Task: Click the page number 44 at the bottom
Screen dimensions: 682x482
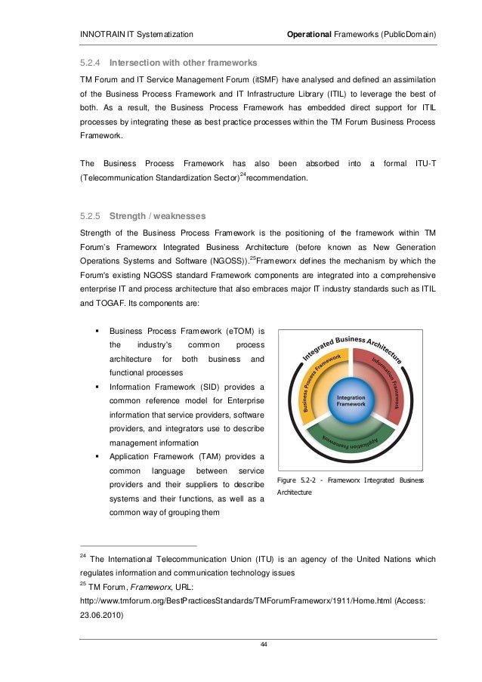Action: [262, 643]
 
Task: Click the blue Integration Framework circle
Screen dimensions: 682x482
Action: [351, 401]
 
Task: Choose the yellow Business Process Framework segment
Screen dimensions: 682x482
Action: [321, 382]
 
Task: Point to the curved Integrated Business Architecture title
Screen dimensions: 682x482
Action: [352, 344]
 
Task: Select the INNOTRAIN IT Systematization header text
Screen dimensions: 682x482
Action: [136, 35]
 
